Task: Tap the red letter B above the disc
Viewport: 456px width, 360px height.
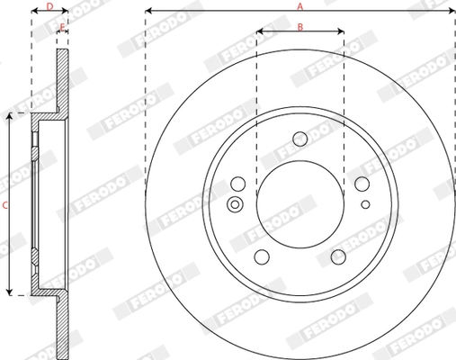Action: tap(300, 26)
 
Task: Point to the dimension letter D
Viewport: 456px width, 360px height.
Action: tap(49, 5)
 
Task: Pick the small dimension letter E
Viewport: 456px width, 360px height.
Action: tap(62, 26)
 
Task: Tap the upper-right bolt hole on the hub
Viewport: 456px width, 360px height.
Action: tap(362, 184)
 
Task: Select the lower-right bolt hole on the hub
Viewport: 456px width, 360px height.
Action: tap(338, 256)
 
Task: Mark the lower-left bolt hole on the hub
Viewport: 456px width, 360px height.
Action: tap(262, 256)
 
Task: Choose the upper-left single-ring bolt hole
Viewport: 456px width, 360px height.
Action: tap(238, 184)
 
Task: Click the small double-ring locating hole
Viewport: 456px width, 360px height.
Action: tap(236, 203)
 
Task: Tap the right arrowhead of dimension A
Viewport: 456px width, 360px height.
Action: tap(452, 12)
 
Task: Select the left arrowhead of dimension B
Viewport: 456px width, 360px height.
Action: tap(259, 32)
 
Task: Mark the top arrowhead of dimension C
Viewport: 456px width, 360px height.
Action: tap(11, 115)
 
